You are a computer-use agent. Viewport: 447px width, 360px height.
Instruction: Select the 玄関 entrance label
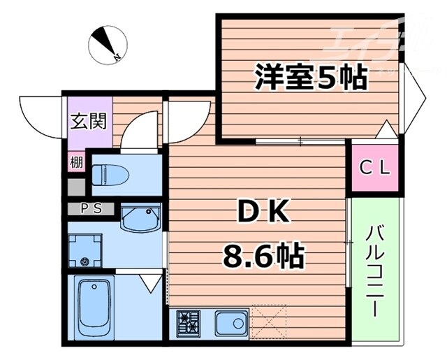pyautogui.click(x=88, y=121)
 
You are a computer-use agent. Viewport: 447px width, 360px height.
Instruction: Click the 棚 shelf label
pyautogui.click(x=75, y=163)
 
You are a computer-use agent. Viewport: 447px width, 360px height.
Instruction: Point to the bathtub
pyautogui.click(x=96, y=308)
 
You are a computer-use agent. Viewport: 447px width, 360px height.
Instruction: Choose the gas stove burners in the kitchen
pyautogui.click(x=189, y=323)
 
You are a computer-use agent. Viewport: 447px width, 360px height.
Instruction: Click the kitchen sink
pyautogui.click(x=230, y=324)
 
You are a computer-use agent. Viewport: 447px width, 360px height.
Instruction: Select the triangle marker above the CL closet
pyautogui.click(x=384, y=130)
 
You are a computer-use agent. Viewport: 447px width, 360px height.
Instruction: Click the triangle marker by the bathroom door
pyautogui.click(x=149, y=283)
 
